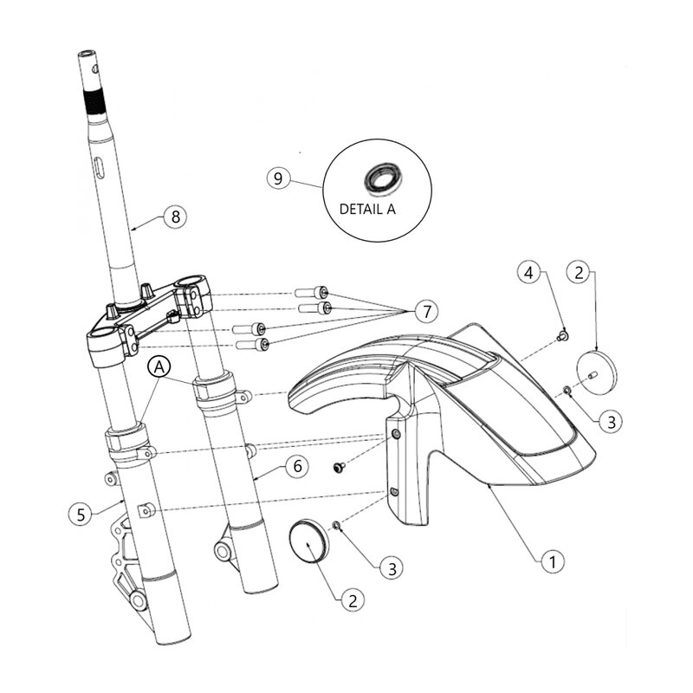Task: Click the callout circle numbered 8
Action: (x=175, y=217)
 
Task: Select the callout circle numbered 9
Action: (x=278, y=178)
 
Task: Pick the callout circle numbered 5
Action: (x=80, y=513)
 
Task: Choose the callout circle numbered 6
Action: (x=295, y=466)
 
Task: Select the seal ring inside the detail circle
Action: (x=379, y=178)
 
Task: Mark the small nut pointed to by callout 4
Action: (x=561, y=334)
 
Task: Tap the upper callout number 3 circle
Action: (x=612, y=422)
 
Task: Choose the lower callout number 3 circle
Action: (x=392, y=568)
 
